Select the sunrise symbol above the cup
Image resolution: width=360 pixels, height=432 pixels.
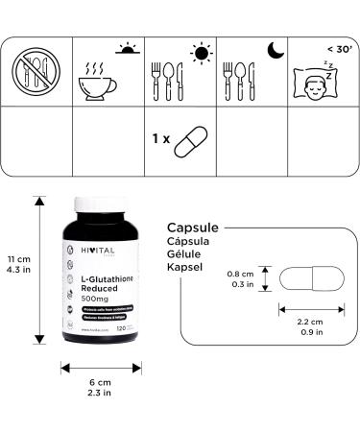coord(127,47)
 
